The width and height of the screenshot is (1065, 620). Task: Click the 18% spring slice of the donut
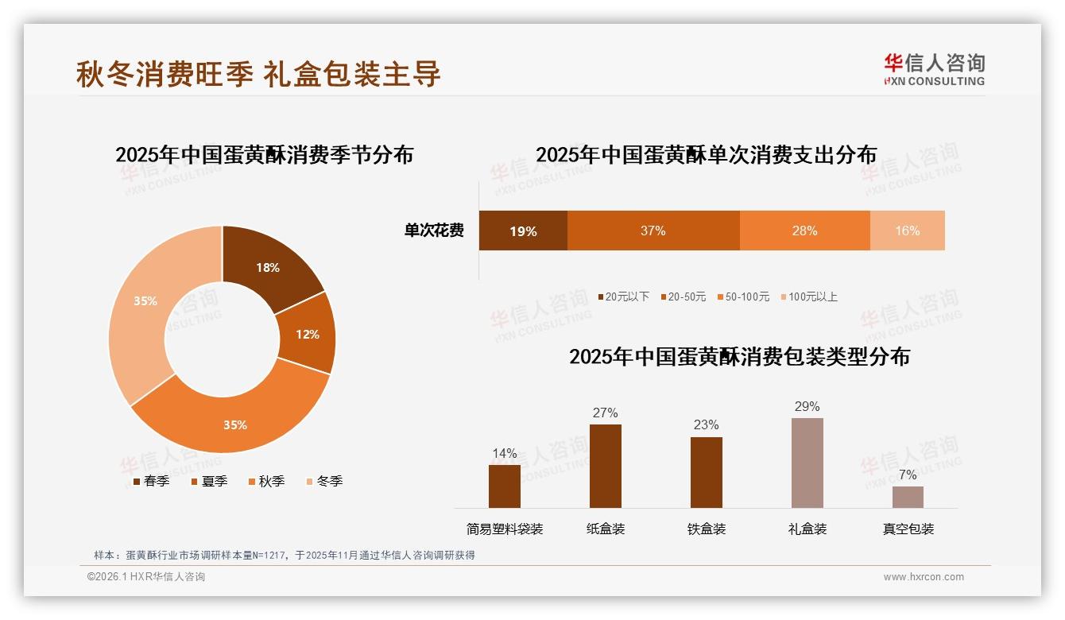tap(269, 268)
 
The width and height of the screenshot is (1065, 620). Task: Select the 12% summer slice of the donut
tap(307, 334)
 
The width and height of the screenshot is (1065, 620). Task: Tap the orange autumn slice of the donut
tap(235, 424)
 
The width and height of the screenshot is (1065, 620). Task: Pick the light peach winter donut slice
tap(145, 301)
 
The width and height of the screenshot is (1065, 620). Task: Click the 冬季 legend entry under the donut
tap(324, 481)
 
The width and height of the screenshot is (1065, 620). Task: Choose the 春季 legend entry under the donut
tap(151, 481)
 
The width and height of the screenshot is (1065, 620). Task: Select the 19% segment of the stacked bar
tap(523, 231)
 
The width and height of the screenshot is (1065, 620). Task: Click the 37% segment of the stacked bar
tap(653, 231)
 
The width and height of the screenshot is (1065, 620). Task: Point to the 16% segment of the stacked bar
tap(907, 231)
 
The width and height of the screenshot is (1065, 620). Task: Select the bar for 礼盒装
tap(807, 463)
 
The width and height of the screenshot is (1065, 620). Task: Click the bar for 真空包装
tap(908, 497)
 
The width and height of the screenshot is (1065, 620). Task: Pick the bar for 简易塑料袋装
tap(505, 486)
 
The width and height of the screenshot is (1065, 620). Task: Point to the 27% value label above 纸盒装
tap(605, 413)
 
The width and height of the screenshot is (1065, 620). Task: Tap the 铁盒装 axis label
tap(706, 529)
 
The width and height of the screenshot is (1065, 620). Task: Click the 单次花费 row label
tap(434, 231)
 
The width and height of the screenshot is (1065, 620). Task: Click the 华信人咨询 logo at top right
tap(934, 69)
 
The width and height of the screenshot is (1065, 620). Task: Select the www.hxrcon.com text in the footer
tap(924, 577)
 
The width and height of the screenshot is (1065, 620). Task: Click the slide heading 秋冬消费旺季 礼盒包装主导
tap(258, 74)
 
